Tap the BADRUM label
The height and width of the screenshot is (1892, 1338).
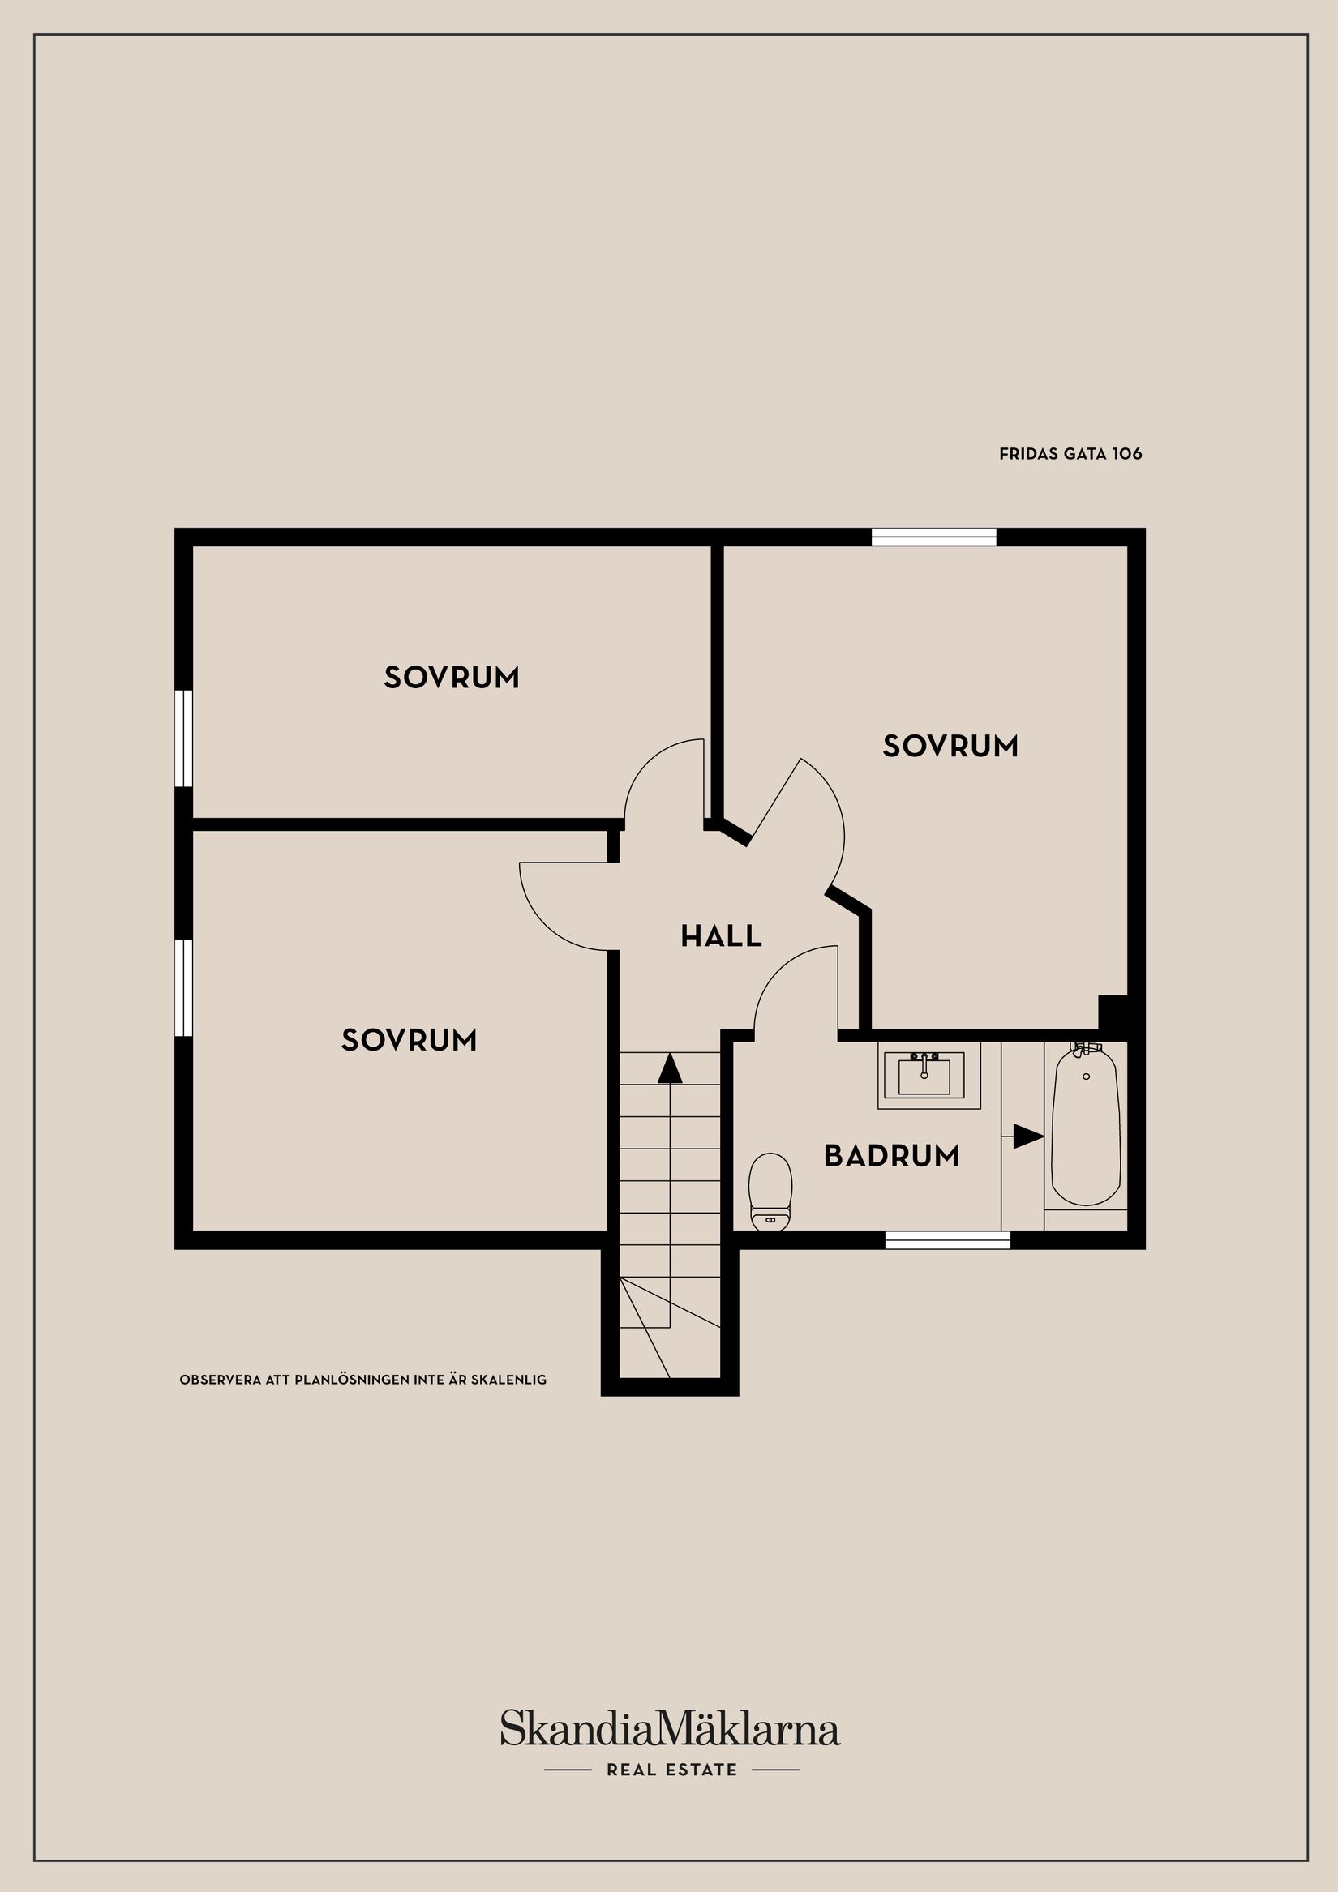click(891, 1156)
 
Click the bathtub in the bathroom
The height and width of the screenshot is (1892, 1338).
click(1086, 1125)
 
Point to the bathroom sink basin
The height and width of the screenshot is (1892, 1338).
click(924, 1075)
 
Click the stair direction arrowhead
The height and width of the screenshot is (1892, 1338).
click(670, 1068)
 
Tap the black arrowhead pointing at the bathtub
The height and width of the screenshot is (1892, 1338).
click(1028, 1136)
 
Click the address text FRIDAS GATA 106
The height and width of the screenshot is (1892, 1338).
click(1070, 453)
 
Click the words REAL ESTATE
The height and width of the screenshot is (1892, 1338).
click(672, 1770)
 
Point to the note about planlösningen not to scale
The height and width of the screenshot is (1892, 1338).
click(362, 1380)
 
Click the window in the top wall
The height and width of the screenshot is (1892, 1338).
click(934, 537)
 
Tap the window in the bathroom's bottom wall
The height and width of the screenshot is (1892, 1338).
click(948, 1240)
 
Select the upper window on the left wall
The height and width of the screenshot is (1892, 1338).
click(184, 738)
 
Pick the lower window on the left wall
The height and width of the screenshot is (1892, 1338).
click(184, 988)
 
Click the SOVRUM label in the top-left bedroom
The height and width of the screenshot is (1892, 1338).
click(452, 678)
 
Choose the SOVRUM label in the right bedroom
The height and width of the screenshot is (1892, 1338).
click(950, 746)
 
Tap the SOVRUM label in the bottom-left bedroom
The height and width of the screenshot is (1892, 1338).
click(410, 1040)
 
